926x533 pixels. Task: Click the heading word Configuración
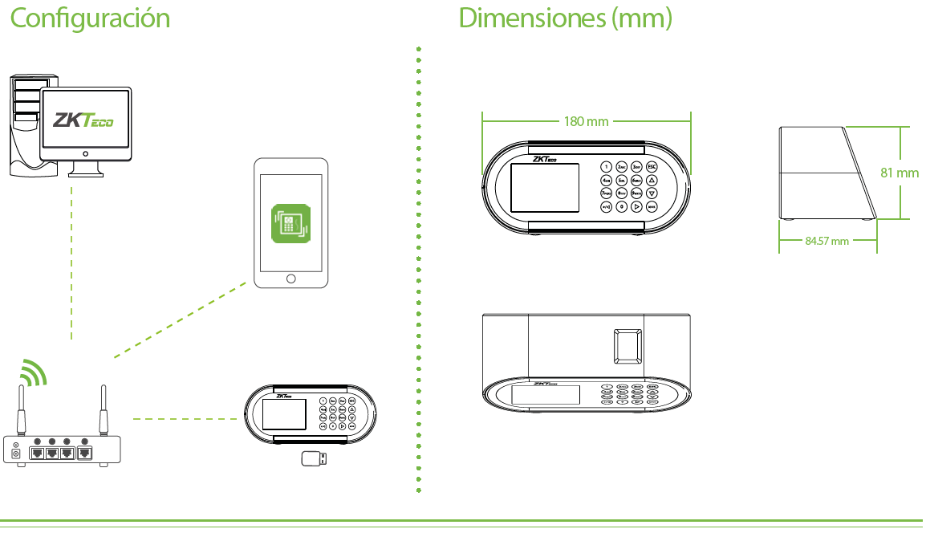pyautogui.click(x=90, y=18)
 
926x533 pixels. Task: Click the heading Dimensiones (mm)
pyautogui.click(x=565, y=18)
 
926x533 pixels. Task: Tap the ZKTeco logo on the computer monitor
pyautogui.click(x=83, y=120)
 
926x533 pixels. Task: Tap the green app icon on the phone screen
pyautogui.click(x=290, y=222)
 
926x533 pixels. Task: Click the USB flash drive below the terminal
pyautogui.click(x=313, y=458)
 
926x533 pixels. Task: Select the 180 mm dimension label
pyautogui.click(x=586, y=121)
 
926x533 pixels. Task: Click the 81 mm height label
pyautogui.click(x=899, y=173)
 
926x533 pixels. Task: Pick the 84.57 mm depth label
pyautogui.click(x=826, y=240)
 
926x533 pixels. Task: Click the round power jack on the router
pyautogui.click(x=15, y=454)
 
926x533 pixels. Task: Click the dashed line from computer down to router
pyautogui.click(x=71, y=265)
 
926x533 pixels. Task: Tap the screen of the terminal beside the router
pyautogui.click(x=284, y=414)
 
